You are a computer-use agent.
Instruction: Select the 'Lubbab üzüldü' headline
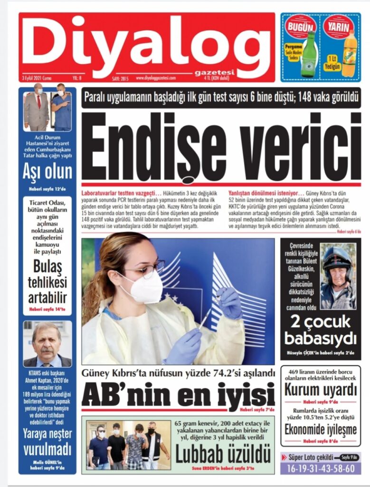tap(223, 454)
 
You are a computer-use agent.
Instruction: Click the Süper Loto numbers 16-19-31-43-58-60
tap(320, 468)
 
